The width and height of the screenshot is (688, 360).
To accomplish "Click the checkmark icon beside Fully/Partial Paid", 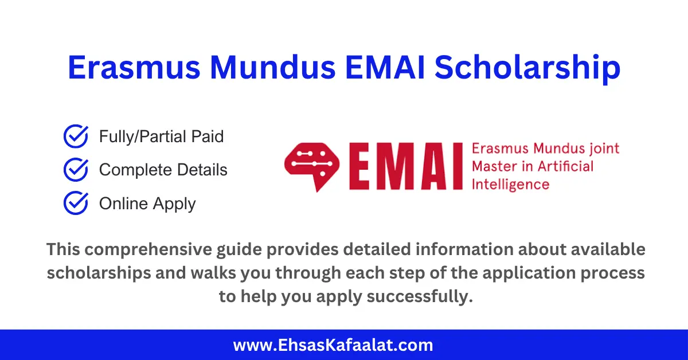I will point(75,137).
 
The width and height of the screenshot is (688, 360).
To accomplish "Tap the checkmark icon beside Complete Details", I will point(75,170).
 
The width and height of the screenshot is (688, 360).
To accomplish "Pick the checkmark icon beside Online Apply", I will point(75,204).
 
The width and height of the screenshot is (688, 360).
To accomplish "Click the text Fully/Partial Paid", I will point(161,137).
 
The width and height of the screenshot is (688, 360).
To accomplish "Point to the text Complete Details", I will point(163,170).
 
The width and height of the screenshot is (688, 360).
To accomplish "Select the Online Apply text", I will point(147,204).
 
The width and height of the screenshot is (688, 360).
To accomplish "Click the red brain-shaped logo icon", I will point(312,167).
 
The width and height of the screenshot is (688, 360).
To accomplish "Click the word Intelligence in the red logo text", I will point(510,185).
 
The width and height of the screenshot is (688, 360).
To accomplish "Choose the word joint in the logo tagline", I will point(604,148).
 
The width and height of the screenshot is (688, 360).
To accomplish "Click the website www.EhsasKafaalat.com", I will point(333,345).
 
